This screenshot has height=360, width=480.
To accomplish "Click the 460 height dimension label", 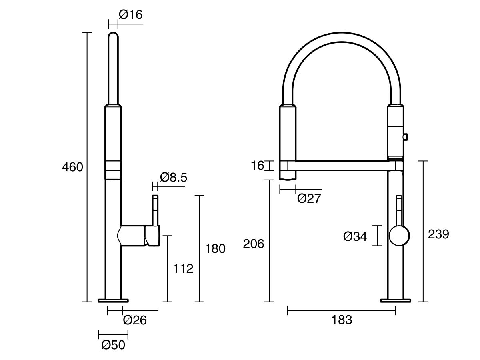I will [x=72, y=167].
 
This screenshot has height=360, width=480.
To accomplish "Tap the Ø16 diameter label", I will [x=130, y=15].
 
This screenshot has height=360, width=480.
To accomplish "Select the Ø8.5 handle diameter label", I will [x=173, y=177].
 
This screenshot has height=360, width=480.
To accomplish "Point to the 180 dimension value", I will [x=215, y=248].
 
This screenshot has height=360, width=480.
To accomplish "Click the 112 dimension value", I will [x=183, y=268].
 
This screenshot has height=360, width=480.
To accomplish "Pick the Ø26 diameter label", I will [x=135, y=320].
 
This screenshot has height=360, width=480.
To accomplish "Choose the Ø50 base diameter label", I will [x=113, y=345].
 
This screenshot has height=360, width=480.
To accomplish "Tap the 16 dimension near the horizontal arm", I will [x=258, y=165].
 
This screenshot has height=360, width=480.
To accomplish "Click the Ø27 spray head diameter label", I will [x=309, y=198].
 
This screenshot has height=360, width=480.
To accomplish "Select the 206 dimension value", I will [x=254, y=244].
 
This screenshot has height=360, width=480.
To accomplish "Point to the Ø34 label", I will [x=355, y=236].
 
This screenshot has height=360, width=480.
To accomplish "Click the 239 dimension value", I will [x=438, y=234].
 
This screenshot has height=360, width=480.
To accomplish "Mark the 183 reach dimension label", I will [x=342, y=320].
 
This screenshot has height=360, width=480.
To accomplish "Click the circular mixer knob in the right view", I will [x=399, y=236].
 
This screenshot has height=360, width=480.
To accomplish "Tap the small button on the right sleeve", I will [x=405, y=137].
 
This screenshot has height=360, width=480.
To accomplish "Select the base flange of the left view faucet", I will [x=114, y=300].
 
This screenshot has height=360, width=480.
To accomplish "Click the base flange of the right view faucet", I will [x=396, y=300].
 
